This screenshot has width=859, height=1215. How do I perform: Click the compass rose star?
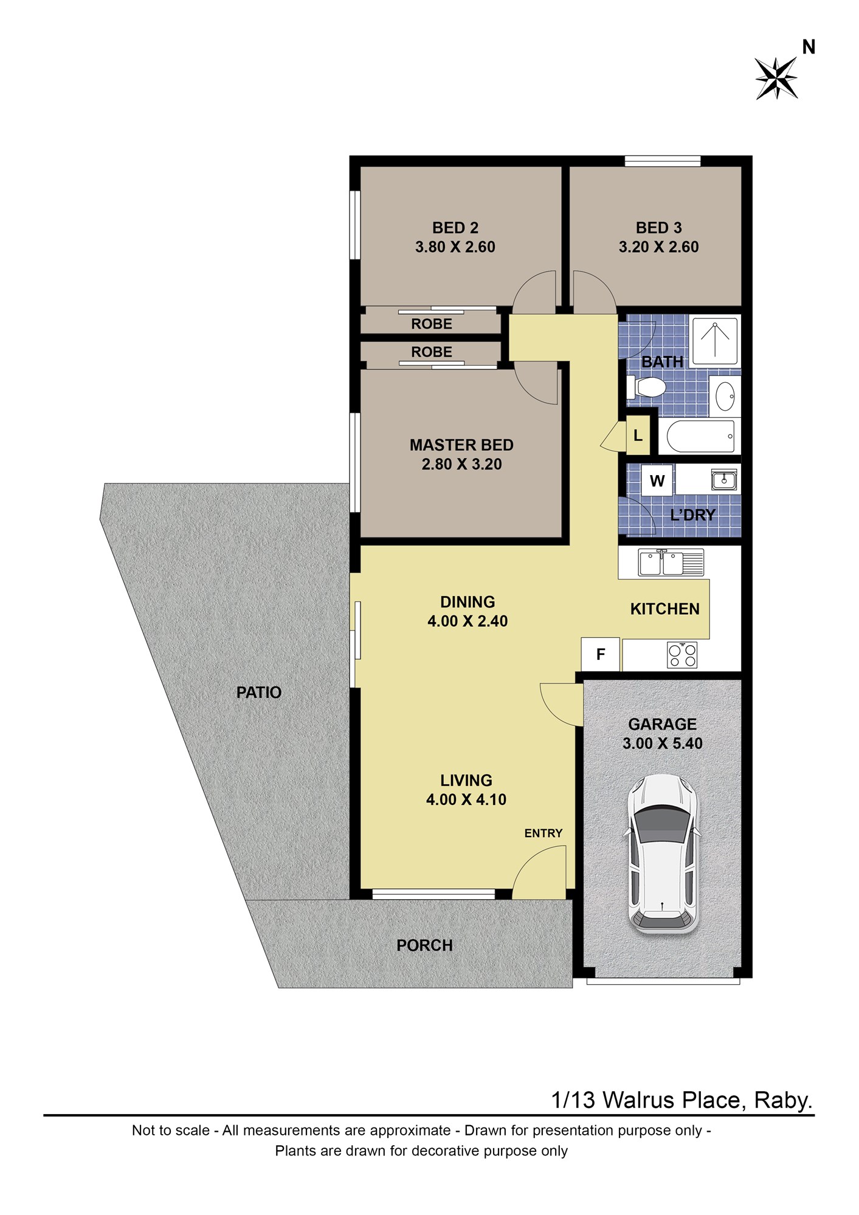click(x=776, y=78)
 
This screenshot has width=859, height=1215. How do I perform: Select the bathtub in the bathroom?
click(x=701, y=436)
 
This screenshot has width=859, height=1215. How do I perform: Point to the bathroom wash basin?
click(x=725, y=395)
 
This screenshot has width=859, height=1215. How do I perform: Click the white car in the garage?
click(x=663, y=854)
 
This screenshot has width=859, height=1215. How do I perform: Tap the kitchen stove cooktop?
click(x=682, y=655)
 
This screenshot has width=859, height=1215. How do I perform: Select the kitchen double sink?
click(x=671, y=562)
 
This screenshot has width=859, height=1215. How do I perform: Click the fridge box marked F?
click(x=601, y=654)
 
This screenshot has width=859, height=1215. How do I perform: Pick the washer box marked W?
click(x=657, y=481)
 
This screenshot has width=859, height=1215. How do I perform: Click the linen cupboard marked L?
click(x=638, y=435)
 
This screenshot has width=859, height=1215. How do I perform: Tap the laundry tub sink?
click(x=724, y=480)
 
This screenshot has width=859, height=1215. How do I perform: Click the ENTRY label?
click(x=543, y=833)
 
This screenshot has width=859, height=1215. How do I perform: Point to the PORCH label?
click(x=424, y=946)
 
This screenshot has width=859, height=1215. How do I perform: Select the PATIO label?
click(x=259, y=693)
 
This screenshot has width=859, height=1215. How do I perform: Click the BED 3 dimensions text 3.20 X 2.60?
click(x=659, y=247)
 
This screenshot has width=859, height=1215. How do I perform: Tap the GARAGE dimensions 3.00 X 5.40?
click(x=663, y=744)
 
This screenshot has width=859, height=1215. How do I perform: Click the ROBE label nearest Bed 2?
click(x=432, y=324)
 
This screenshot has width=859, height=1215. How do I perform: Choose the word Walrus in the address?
click(x=639, y=1100)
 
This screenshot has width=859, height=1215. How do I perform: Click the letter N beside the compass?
click(x=809, y=47)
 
